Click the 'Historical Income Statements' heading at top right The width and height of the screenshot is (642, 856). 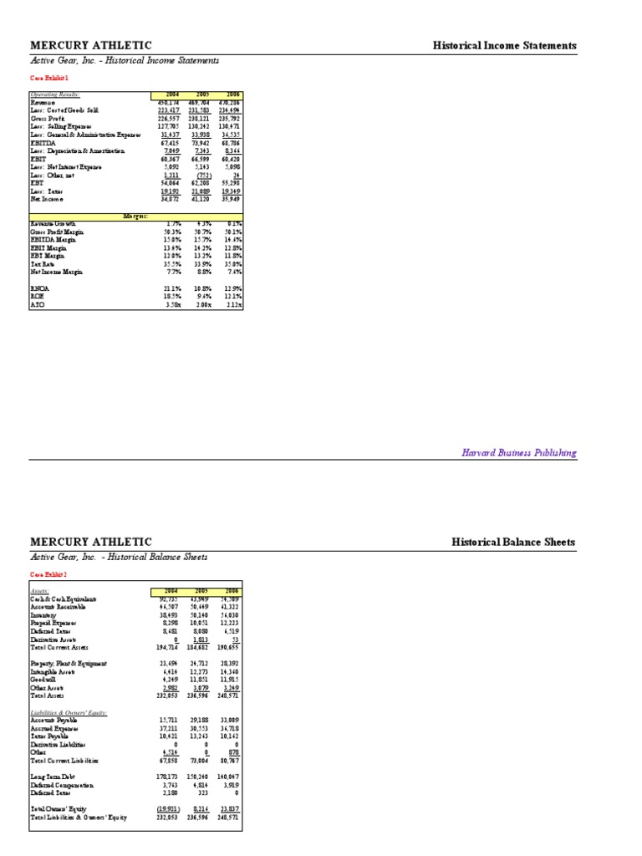tap(504, 45)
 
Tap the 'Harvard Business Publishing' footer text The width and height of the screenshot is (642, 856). tap(519, 452)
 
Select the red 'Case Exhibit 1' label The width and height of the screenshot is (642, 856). tap(49, 77)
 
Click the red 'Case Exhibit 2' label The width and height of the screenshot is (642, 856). tap(49, 574)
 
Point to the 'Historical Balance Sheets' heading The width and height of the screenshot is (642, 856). tap(513, 542)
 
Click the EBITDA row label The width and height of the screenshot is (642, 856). tap(43, 143)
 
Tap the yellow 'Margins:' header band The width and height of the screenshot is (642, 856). tap(135, 216)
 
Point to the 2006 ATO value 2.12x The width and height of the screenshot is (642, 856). tap(231, 304)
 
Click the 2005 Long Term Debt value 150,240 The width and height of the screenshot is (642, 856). tap(200, 777)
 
